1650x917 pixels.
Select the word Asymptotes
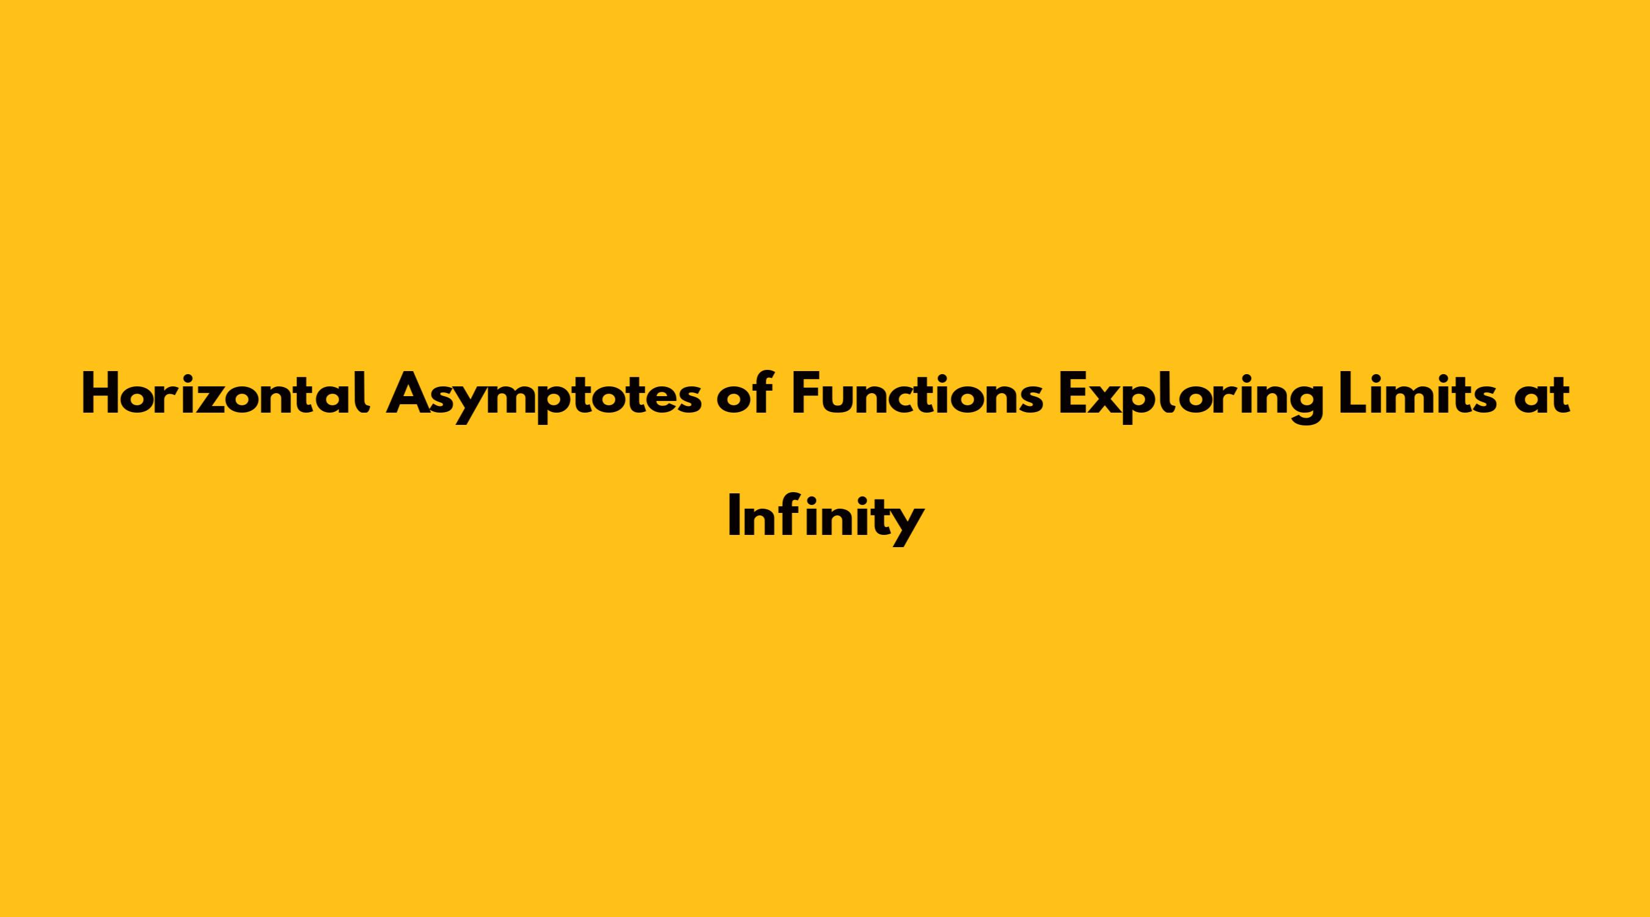coord(543,400)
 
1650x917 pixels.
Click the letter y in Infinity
coord(907,528)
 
